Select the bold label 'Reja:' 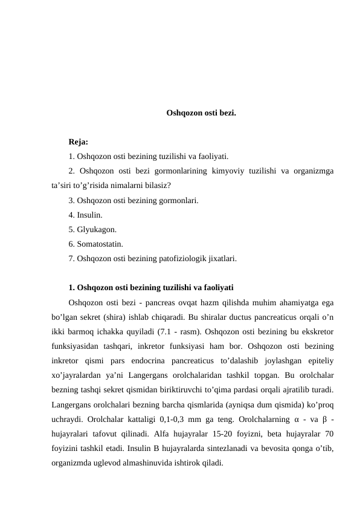(79, 142)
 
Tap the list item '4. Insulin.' (85, 215)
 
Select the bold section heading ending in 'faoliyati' (151, 287)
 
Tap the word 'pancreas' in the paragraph (148, 302)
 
